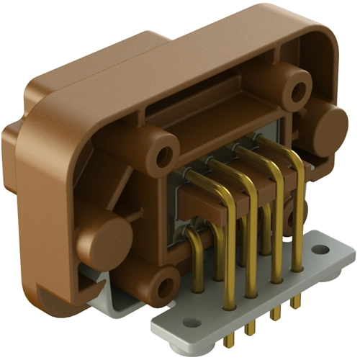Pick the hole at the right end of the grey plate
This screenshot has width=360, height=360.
coord(320,250)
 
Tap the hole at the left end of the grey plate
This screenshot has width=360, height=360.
coord(190,322)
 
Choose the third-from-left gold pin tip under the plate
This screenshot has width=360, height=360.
coord(274,315)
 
